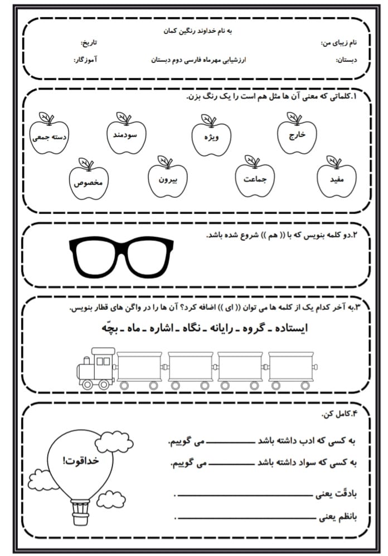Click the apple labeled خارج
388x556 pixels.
297,134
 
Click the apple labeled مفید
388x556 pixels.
336,179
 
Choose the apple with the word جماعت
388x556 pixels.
255,179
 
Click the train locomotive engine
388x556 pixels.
95,367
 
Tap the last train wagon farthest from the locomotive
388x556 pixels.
290,368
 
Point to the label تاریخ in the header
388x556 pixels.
89,42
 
